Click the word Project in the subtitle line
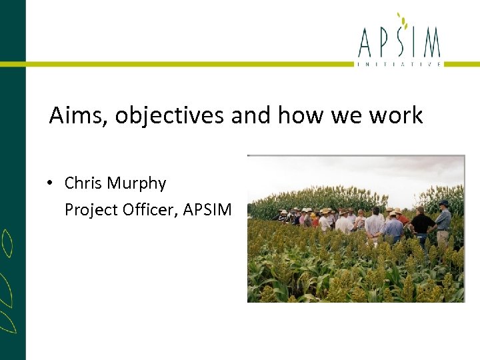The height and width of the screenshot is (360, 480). point(91,210)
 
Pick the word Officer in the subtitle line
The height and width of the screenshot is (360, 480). point(149,210)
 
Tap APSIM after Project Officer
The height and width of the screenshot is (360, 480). point(207,210)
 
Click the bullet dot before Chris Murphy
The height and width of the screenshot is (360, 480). point(51,184)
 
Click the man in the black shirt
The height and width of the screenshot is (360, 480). point(421,223)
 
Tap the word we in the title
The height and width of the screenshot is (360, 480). point(345,116)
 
